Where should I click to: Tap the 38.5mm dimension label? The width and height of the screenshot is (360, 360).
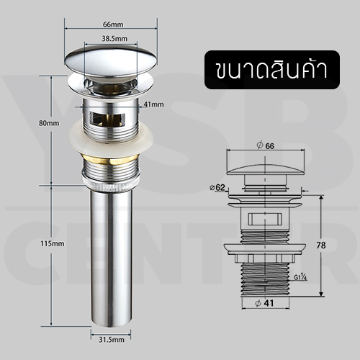[115, 38]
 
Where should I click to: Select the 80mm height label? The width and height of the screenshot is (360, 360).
[48, 123]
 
